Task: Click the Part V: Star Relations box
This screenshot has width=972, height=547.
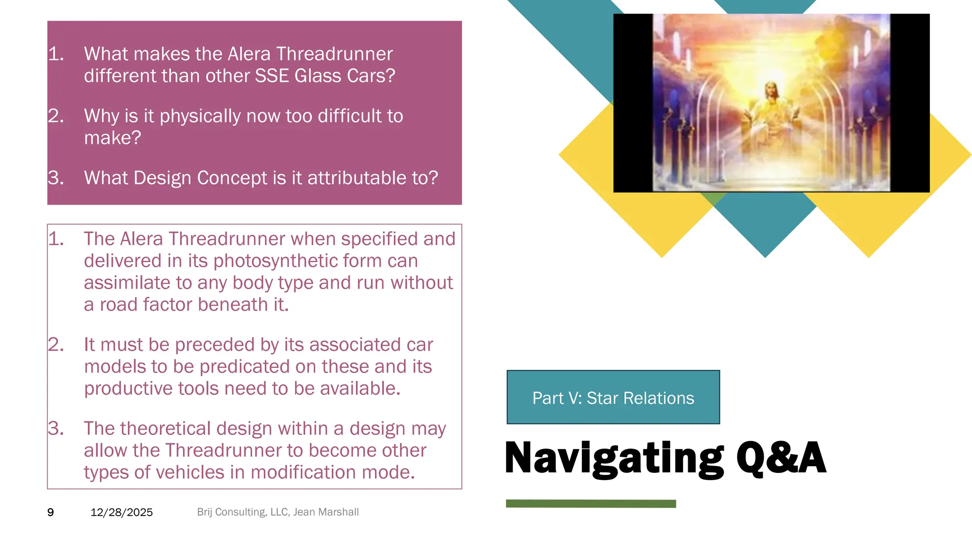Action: pyautogui.click(x=613, y=397)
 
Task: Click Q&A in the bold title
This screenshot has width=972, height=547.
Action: pyautogui.click(x=781, y=458)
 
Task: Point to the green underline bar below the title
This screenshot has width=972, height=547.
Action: pyautogui.click(x=590, y=504)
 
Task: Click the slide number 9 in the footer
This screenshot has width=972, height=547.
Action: pyautogui.click(x=50, y=512)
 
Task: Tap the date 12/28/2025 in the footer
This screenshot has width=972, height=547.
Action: pyautogui.click(x=121, y=512)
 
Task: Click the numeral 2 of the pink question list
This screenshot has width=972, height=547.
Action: pyautogui.click(x=55, y=116)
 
